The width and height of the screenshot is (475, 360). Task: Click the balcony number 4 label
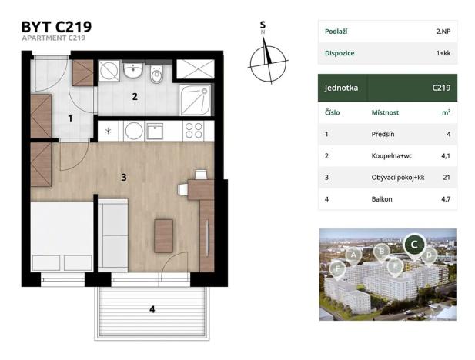(x=152, y=309)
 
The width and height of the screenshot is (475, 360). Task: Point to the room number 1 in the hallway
(x=70, y=118)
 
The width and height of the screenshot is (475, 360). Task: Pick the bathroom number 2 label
(x=134, y=97)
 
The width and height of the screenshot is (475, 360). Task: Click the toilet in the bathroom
(x=157, y=75)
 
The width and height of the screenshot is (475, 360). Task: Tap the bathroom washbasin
(x=134, y=72)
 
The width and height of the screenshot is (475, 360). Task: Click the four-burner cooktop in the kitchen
(x=194, y=130)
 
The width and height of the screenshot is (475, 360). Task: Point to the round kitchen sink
(x=134, y=130)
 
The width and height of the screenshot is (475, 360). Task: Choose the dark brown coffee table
(x=163, y=235)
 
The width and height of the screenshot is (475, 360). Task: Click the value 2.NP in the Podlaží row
(x=443, y=31)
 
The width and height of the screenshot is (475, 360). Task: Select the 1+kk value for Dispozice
(x=443, y=53)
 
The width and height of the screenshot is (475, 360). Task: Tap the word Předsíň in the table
(x=383, y=134)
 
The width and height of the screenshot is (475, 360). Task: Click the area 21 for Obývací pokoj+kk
(x=446, y=177)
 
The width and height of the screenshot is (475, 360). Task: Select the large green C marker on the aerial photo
(x=414, y=244)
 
